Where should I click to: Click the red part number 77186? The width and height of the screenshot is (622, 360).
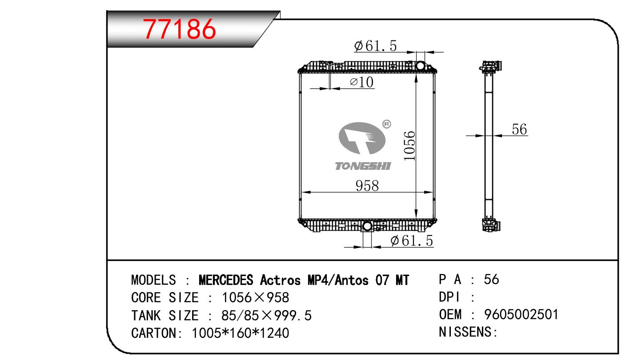179,29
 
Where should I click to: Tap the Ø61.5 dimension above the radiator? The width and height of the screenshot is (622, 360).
375,46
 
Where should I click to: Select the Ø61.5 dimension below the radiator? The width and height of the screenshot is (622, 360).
412,240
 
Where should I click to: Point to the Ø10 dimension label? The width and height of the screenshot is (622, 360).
362,82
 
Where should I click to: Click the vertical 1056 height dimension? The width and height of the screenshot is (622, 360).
409,146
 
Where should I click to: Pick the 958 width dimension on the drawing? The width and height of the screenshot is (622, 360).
367,186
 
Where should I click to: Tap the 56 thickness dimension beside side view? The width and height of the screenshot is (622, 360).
519,129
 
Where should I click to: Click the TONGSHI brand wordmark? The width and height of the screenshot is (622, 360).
363,166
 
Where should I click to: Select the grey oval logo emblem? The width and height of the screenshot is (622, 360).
362,138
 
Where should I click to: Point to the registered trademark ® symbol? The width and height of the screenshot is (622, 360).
386,124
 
